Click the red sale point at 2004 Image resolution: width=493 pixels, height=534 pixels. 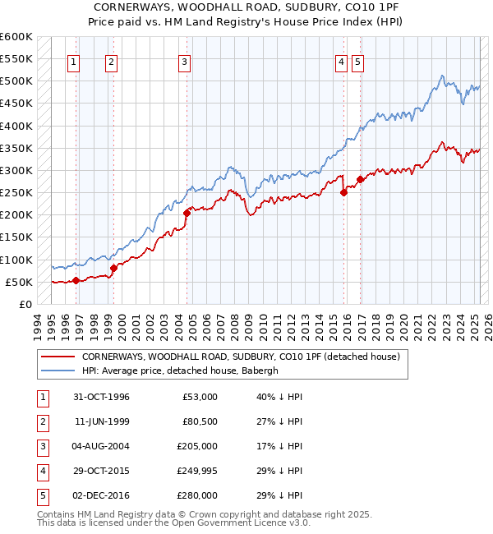[187, 213]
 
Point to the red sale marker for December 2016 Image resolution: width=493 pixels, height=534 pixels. [360, 179]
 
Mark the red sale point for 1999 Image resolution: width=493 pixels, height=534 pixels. [113, 268]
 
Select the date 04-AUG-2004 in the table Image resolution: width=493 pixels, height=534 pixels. [101, 446]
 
